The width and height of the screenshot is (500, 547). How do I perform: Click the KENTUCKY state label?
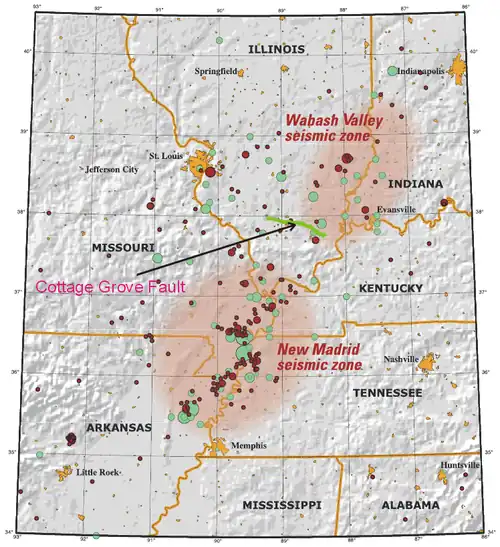[x=389, y=288]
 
